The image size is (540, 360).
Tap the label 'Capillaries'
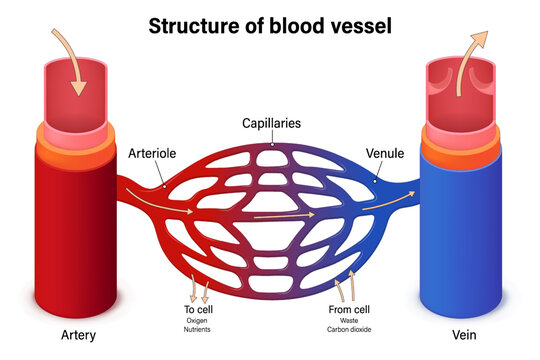point(270,124)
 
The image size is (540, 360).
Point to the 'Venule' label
point(384,155)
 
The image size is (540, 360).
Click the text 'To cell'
point(197,310)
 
